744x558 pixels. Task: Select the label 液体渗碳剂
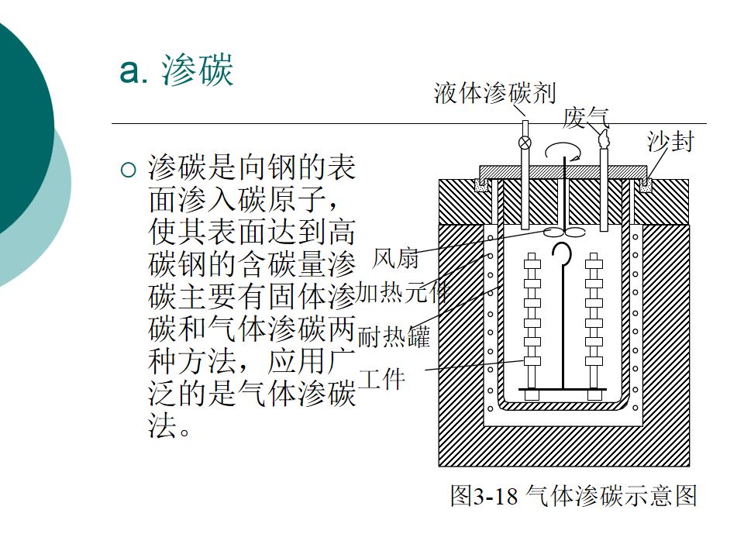(x=494, y=94)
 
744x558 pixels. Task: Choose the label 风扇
(x=395, y=258)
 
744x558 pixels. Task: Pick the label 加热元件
(x=401, y=293)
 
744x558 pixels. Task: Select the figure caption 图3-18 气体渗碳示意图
(x=574, y=495)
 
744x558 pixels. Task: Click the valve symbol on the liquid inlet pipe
(x=525, y=142)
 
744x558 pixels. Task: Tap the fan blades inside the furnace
(x=564, y=232)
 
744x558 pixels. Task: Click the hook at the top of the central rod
(x=563, y=255)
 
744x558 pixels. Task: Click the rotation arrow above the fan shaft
(x=563, y=150)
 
